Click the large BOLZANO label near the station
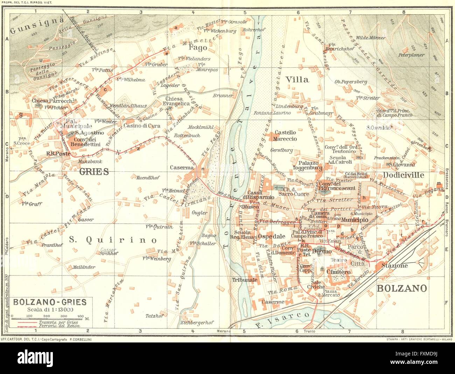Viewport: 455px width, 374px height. [402, 288]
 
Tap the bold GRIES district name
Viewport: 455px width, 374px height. [93, 171]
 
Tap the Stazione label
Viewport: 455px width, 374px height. [395, 266]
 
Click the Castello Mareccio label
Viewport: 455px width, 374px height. [285, 136]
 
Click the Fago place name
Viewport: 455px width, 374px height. [198, 47]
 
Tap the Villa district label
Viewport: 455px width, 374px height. [297, 79]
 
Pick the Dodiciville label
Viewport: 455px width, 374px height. [403, 175]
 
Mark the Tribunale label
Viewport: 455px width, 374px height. [244, 280]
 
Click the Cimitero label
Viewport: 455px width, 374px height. [338, 272]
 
